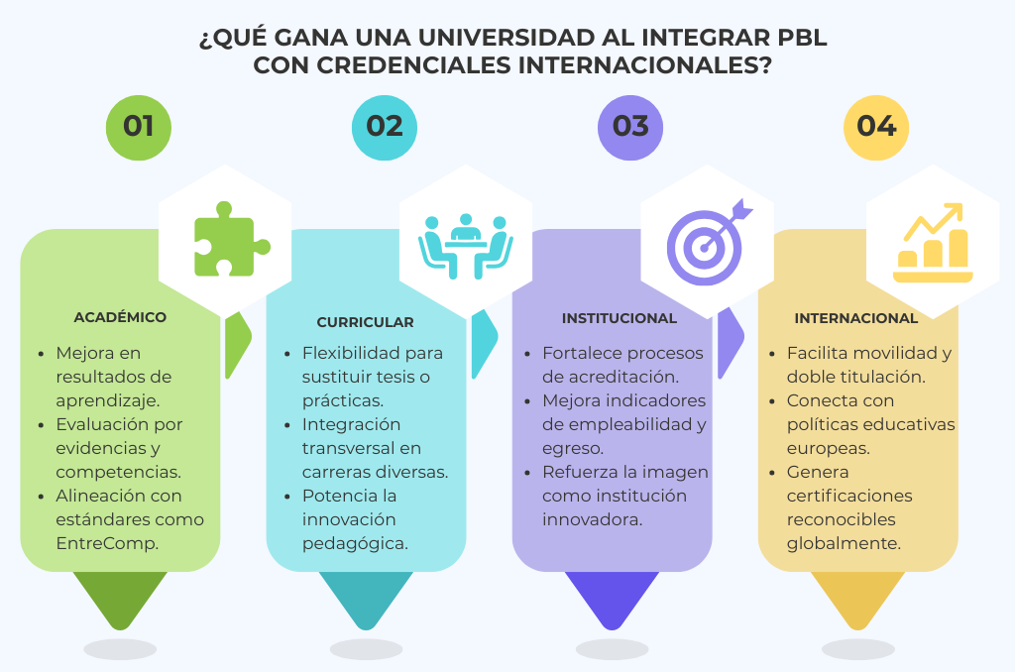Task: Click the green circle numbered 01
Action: pos(139,128)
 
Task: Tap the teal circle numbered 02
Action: pos(385,128)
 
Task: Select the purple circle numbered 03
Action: pos(629,128)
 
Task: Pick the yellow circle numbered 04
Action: pos(876,128)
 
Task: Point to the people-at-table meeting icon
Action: pos(466,246)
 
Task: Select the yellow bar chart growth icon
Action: pos(933,243)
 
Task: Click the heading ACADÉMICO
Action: pos(120,317)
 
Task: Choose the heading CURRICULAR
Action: pos(365,322)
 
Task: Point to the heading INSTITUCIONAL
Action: pos(620,318)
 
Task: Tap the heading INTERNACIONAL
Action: pos(855,318)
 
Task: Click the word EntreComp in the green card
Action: pos(107,544)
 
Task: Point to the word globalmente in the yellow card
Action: pos(844,544)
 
